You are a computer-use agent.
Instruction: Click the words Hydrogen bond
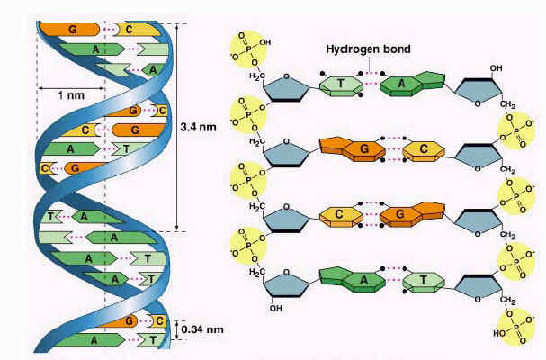tap(368, 49)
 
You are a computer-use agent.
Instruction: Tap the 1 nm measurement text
tap(71, 95)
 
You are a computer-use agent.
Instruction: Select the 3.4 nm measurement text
tap(198, 127)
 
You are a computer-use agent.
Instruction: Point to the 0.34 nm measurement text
tap(202, 329)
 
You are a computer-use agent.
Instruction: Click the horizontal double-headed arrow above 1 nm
tap(71, 88)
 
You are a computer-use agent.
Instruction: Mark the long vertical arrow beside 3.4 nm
tap(177, 128)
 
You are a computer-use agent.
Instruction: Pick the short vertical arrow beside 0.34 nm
tap(176, 330)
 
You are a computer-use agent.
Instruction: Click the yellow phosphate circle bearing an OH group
tap(248, 49)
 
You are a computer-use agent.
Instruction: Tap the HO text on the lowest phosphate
tap(498, 333)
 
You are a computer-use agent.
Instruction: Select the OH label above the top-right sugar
tap(497, 68)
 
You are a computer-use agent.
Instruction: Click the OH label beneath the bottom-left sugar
tap(276, 309)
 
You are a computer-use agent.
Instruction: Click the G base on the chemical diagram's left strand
tap(353, 149)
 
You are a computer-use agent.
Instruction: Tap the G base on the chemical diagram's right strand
tap(412, 214)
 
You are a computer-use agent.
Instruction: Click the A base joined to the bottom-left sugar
tap(353, 280)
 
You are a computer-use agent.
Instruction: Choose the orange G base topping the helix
tap(69, 30)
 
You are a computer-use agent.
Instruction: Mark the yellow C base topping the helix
tap(137, 30)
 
